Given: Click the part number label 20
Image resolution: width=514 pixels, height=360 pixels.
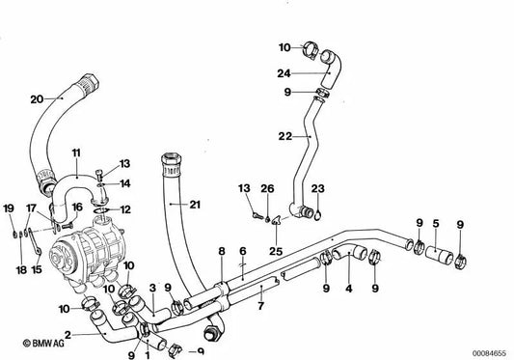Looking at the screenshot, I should [x=37, y=98].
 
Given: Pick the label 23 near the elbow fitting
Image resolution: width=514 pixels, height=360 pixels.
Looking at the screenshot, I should [x=318, y=188].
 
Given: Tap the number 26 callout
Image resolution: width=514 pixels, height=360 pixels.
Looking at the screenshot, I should [x=269, y=188].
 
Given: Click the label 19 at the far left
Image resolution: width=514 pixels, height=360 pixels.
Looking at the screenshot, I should [x=8, y=208].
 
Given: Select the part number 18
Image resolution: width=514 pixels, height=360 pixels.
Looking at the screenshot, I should [x=18, y=245].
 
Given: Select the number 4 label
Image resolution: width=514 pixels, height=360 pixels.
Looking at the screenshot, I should [x=349, y=288].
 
